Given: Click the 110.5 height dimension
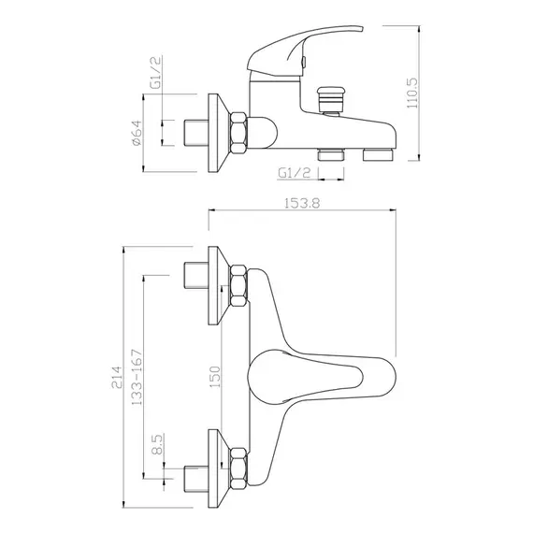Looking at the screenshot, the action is pyautogui.click(x=412, y=93).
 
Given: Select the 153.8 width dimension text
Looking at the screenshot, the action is pyautogui.click(x=302, y=203).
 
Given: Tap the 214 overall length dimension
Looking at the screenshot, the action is pyautogui.click(x=116, y=377).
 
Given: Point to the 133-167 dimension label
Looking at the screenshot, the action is pyautogui.click(x=137, y=377).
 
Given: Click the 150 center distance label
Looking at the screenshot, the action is pyautogui.click(x=215, y=377).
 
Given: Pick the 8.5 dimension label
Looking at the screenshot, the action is pyautogui.click(x=158, y=445).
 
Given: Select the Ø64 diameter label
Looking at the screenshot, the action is pyautogui.click(x=137, y=133).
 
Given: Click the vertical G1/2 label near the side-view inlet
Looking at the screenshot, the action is pyautogui.click(x=156, y=73).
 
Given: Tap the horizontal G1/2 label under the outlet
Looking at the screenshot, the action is pyautogui.click(x=295, y=173).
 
